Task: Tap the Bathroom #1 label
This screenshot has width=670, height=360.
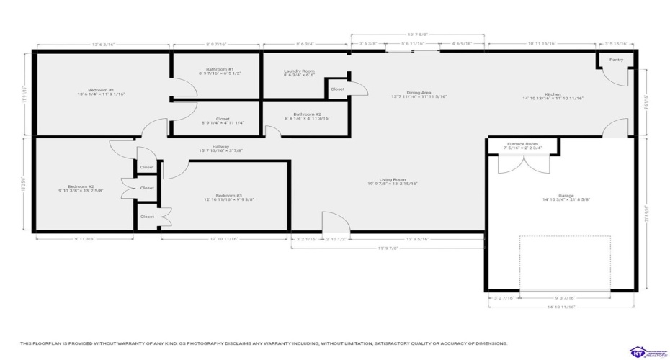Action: [214, 70]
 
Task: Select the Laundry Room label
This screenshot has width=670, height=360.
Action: [300, 71]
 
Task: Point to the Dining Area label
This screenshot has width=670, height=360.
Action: [419, 93]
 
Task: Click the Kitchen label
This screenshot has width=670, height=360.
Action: [553, 94]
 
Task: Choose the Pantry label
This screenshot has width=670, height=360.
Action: [616, 60]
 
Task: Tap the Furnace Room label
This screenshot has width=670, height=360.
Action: [523, 144]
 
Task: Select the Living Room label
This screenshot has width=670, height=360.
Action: [393, 180]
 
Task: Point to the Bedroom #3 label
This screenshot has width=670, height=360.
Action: [229, 195]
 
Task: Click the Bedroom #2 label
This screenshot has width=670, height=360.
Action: [81, 186]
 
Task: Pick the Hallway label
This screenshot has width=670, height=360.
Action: [220, 146]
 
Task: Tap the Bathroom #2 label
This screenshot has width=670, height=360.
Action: [307, 114]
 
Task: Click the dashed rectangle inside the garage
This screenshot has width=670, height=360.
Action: [565, 263]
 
